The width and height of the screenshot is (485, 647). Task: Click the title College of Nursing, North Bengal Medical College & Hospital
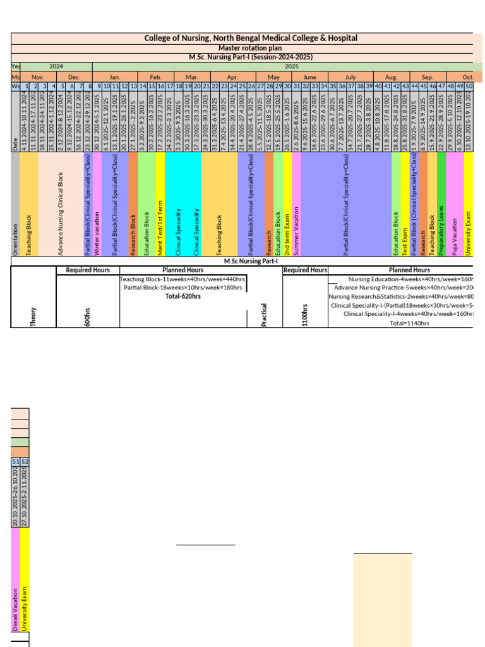pos(251,39)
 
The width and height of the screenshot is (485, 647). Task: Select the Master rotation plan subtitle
pos(251,48)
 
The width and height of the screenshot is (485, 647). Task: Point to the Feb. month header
pos(156,76)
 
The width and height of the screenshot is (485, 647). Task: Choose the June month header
pos(309,76)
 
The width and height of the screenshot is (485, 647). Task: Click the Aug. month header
pos(391,76)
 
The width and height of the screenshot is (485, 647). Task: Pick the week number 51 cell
pos(16,461)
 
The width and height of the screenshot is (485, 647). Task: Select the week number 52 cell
pos(25,461)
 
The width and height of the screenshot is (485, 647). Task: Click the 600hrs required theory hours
pos(88,316)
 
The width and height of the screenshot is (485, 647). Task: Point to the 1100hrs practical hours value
pos(305,315)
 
